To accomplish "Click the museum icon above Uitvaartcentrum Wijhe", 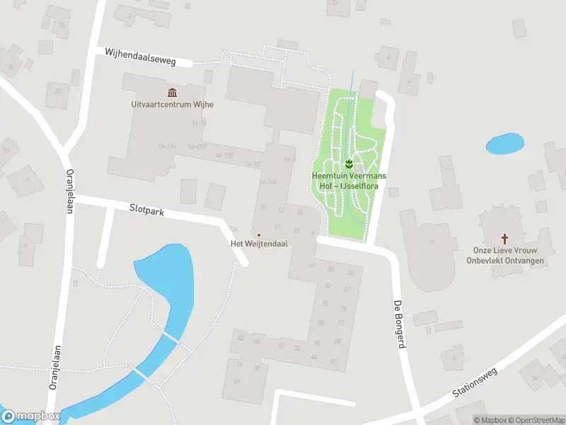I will pyautogui.click(x=172, y=93).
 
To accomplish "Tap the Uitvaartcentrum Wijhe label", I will pyautogui.click(x=172, y=104).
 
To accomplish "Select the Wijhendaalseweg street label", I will pyautogui.click(x=139, y=57).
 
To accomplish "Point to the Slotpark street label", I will pyautogui.click(x=146, y=212).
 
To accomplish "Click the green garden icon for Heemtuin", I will pyautogui.click(x=349, y=164).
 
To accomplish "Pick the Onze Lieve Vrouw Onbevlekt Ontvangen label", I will pyautogui.click(x=504, y=254).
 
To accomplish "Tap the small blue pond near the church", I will pyautogui.click(x=504, y=144).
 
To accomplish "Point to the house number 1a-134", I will pyautogui.click(x=167, y=146).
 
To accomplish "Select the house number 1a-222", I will pyautogui.click(x=197, y=147).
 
